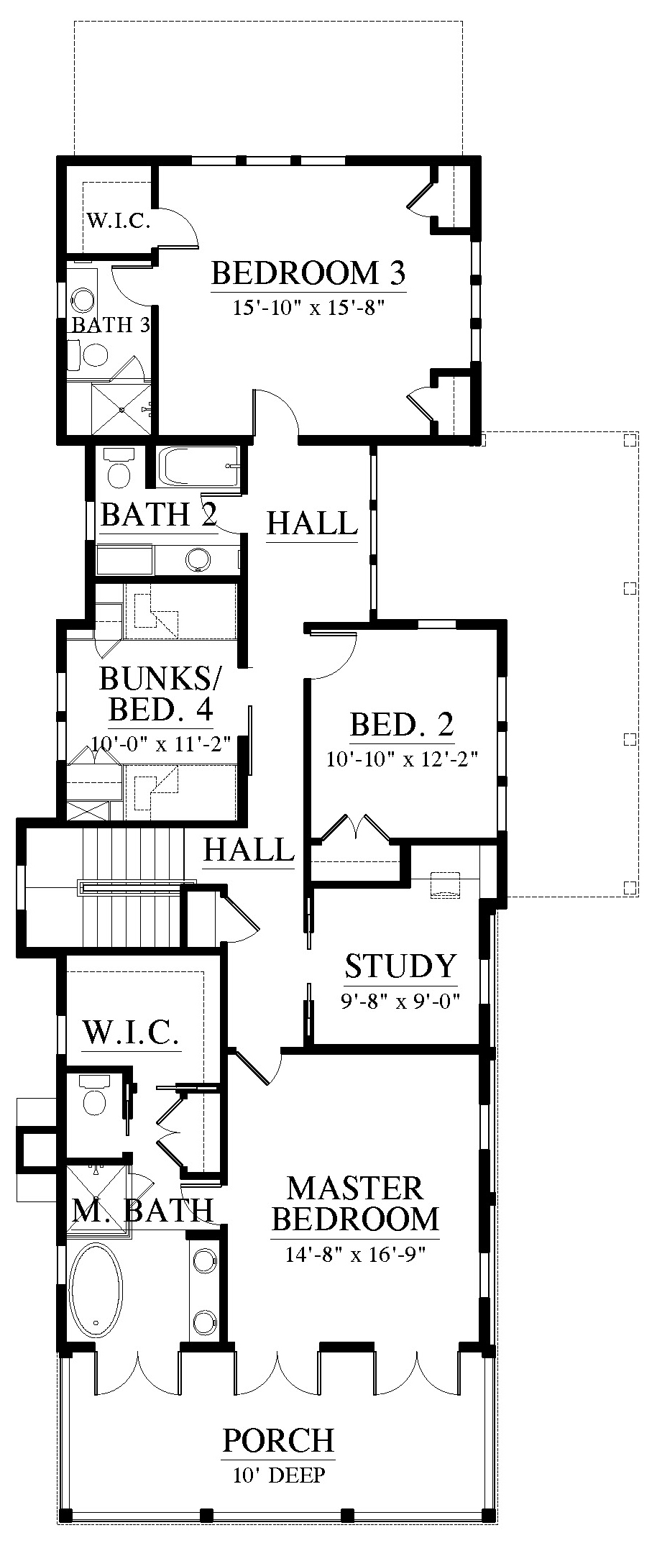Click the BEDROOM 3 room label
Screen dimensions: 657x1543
309,274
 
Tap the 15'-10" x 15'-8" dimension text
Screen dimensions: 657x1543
309,308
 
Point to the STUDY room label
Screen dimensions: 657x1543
400,966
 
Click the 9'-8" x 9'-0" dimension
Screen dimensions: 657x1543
400,1000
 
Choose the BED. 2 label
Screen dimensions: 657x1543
402,725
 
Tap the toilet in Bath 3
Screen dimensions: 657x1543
88,354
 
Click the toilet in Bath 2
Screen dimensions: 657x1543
118,467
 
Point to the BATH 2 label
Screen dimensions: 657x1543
159,515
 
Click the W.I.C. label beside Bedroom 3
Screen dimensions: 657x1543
119,220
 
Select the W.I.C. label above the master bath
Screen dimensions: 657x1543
131,1033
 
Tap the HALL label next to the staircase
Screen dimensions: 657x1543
249,850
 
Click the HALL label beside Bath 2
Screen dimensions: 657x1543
312,523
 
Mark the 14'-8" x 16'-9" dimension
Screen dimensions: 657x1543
355,1255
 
